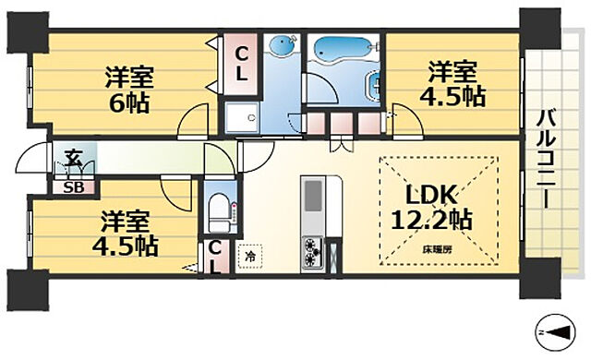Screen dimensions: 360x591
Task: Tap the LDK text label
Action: click(428, 196)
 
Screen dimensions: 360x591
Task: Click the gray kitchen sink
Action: click(312, 196)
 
